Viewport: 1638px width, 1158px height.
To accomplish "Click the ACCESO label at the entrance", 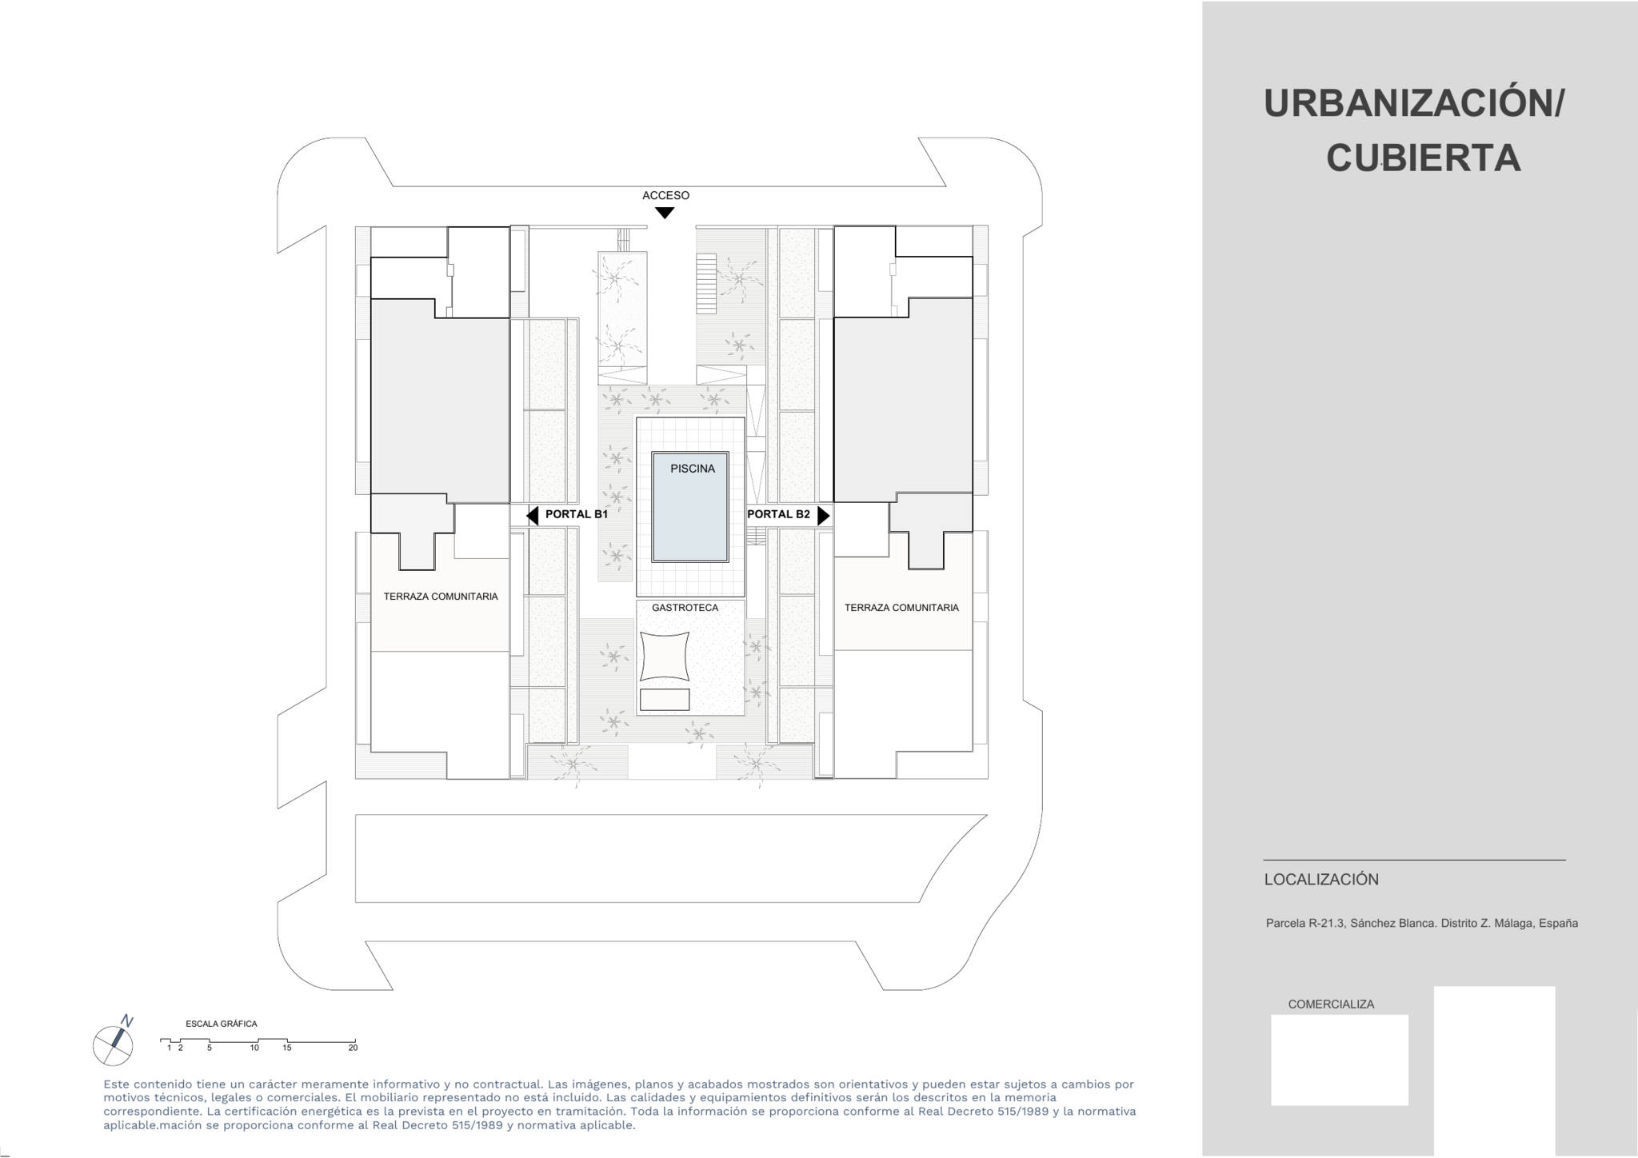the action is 665,195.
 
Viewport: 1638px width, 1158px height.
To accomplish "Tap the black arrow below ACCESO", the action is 665,213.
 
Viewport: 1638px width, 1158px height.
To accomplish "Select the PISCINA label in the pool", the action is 693,469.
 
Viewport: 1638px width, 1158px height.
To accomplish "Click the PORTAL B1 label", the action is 577,514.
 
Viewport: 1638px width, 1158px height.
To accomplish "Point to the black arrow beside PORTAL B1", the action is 533,516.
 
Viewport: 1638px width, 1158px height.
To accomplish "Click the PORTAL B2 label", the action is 778,514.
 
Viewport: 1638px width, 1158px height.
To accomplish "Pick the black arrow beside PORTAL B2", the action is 823,516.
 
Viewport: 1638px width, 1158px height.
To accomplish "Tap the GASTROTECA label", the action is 685,608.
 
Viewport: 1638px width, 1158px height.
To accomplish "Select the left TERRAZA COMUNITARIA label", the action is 441,597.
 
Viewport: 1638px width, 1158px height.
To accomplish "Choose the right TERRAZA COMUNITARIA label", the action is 901,608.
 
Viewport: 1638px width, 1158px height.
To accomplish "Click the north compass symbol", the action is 113,1043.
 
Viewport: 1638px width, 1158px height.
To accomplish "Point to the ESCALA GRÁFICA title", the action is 222,1024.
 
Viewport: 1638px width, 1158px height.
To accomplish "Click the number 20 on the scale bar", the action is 353,1048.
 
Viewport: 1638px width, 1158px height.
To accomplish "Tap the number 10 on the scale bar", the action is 254,1048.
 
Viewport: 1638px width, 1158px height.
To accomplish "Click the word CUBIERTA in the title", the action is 1424,158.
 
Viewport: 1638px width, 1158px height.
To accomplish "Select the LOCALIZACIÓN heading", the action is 1321,880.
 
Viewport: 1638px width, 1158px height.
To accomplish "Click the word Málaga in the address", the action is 1513,923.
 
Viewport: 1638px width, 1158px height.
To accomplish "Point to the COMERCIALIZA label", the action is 1331,1004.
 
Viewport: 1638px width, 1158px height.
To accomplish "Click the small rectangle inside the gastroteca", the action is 665,700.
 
